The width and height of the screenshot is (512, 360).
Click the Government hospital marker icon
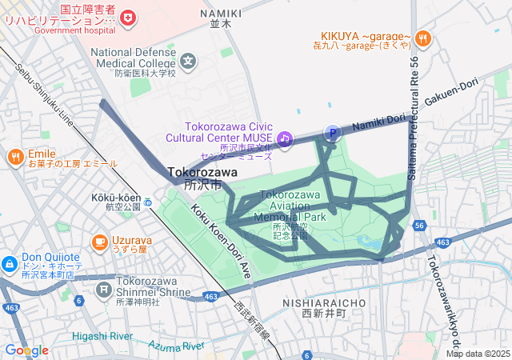click(126, 16)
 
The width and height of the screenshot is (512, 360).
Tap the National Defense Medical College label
click(133, 58)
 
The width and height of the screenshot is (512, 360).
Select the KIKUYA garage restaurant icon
click(424, 37)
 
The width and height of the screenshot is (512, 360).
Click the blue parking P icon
click(331, 133)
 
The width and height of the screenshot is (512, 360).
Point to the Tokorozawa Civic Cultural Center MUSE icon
click(285, 139)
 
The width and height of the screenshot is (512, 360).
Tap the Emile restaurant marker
click(14, 157)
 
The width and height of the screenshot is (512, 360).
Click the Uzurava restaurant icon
click(100, 241)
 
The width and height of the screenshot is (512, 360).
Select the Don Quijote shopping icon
click(9, 263)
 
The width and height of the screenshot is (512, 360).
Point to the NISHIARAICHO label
click(324, 303)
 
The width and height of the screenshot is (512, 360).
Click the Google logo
click(26, 350)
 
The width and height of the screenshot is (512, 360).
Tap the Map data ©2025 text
click(478, 354)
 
